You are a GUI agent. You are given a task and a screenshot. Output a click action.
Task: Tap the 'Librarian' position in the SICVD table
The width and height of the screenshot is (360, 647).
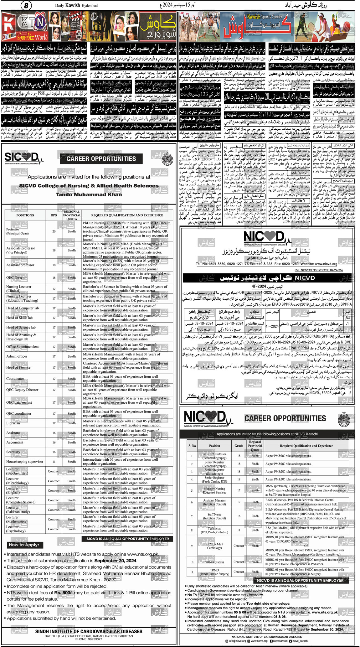click(13, 423)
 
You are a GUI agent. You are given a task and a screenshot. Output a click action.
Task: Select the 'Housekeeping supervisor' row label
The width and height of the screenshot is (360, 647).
click(25, 462)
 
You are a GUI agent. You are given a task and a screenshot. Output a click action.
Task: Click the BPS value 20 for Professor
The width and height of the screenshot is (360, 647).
click(54, 231)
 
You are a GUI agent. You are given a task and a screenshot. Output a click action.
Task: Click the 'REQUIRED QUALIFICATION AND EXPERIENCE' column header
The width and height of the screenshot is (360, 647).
click(127, 215)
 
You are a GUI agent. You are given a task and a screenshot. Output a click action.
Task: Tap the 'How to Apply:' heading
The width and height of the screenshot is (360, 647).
click(24, 545)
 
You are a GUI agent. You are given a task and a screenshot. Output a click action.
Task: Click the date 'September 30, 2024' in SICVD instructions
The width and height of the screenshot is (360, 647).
click(115, 561)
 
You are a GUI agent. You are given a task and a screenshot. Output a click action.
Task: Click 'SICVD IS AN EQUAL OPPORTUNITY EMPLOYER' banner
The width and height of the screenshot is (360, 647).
click(127, 539)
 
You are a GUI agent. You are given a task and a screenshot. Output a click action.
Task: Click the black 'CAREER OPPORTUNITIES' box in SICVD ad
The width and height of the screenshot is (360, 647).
click(101, 159)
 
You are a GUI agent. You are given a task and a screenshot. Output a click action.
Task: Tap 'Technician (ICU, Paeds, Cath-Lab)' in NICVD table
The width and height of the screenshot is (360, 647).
click(214, 530)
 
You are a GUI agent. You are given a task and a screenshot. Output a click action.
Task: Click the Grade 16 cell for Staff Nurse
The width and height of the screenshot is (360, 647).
click(239, 516)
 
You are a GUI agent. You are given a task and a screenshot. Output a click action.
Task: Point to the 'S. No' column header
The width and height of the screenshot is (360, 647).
click(192, 446)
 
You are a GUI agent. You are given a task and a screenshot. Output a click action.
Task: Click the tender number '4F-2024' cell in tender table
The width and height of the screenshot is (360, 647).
click(272, 326)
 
